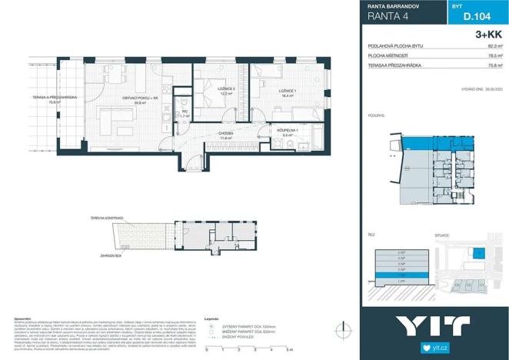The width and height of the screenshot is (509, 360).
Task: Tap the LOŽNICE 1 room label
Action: pyautogui.click(x=267, y=92)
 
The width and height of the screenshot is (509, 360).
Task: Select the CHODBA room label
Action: pyautogui.click(x=225, y=133)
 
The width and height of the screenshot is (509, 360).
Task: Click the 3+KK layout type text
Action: pyautogui.click(x=489, y=35)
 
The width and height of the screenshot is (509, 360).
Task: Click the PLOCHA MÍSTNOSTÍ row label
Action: pyautogui.click(x=388, y=56)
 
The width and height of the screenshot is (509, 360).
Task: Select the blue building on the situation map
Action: pyautogui.click(x=478, y=252)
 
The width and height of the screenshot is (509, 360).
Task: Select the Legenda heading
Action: pyautogui.click(x=214, y=317)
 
